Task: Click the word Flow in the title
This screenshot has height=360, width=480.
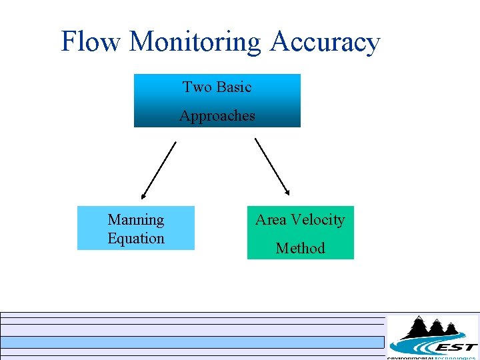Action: click(91, 41)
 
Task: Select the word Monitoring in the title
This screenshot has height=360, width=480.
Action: click(196, 43)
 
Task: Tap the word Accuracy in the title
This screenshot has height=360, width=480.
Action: click(325, 43)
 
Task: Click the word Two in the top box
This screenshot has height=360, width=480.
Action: click(197, 87)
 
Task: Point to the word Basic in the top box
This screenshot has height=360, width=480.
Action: click(234, 87)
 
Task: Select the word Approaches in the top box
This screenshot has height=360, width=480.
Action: click(217, 116)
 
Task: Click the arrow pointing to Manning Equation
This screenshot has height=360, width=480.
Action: click(159, 170)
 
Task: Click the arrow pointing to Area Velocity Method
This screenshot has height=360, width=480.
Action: click(272, 167)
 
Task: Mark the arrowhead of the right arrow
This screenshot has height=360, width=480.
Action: click(287, 193)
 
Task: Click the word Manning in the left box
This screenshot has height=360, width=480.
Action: click(135, 219)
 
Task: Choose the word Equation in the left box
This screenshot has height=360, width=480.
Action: click(135, 238)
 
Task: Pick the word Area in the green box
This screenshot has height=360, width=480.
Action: click(271, 220)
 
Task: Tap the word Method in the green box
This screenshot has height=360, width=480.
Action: click(300, 249)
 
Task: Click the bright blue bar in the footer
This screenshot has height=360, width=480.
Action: click(193, 342)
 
